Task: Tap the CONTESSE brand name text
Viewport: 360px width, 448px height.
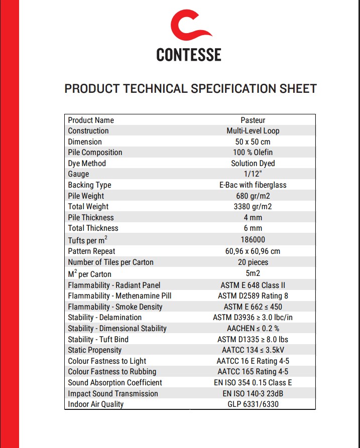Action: click(189, 54)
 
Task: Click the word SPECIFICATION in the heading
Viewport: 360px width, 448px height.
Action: click(232, 89)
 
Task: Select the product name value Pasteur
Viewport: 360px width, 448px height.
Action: click(253, 120)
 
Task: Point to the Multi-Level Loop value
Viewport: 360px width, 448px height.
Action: click(253, 131)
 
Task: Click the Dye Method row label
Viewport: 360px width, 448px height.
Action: click(87, 164)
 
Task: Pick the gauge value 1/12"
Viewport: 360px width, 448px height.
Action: click(253, 174)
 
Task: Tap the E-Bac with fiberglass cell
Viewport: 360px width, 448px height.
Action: click(253, 185)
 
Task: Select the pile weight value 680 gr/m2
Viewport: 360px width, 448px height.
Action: click(253, 196)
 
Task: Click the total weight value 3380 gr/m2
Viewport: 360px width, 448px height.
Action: click(253, 207)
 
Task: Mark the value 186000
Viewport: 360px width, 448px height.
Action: click(253, 240)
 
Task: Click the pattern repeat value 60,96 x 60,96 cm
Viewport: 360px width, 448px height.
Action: click(253, 251)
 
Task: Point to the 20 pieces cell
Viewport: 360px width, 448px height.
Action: click(253, 262)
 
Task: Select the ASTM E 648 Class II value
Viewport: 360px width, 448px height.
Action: click(253, 285)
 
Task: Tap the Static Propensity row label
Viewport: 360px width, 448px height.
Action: click(95, 350)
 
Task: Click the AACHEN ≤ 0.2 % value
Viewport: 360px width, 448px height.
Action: click(253, 329)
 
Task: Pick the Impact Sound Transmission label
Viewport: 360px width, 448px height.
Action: click(113, 394)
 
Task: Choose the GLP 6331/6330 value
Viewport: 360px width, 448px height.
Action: click(253, 404)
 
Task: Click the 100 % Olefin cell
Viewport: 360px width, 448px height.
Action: click(253, 153)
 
